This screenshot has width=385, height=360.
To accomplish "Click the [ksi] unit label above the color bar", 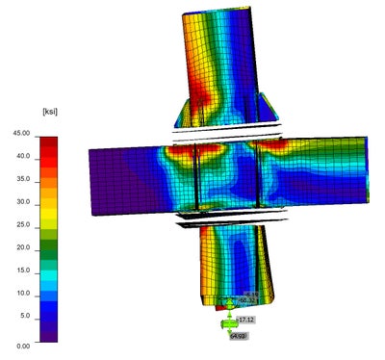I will tap(28, 112).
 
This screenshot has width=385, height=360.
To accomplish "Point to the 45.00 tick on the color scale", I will tap(20, 133).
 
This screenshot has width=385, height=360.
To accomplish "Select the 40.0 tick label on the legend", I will tap(22, 156).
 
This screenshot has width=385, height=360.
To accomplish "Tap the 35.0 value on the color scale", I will tap(22, 180).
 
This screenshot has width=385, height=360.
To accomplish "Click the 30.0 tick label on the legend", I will tap(22, 203).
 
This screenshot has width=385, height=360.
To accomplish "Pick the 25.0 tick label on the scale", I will tap(22, 226).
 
